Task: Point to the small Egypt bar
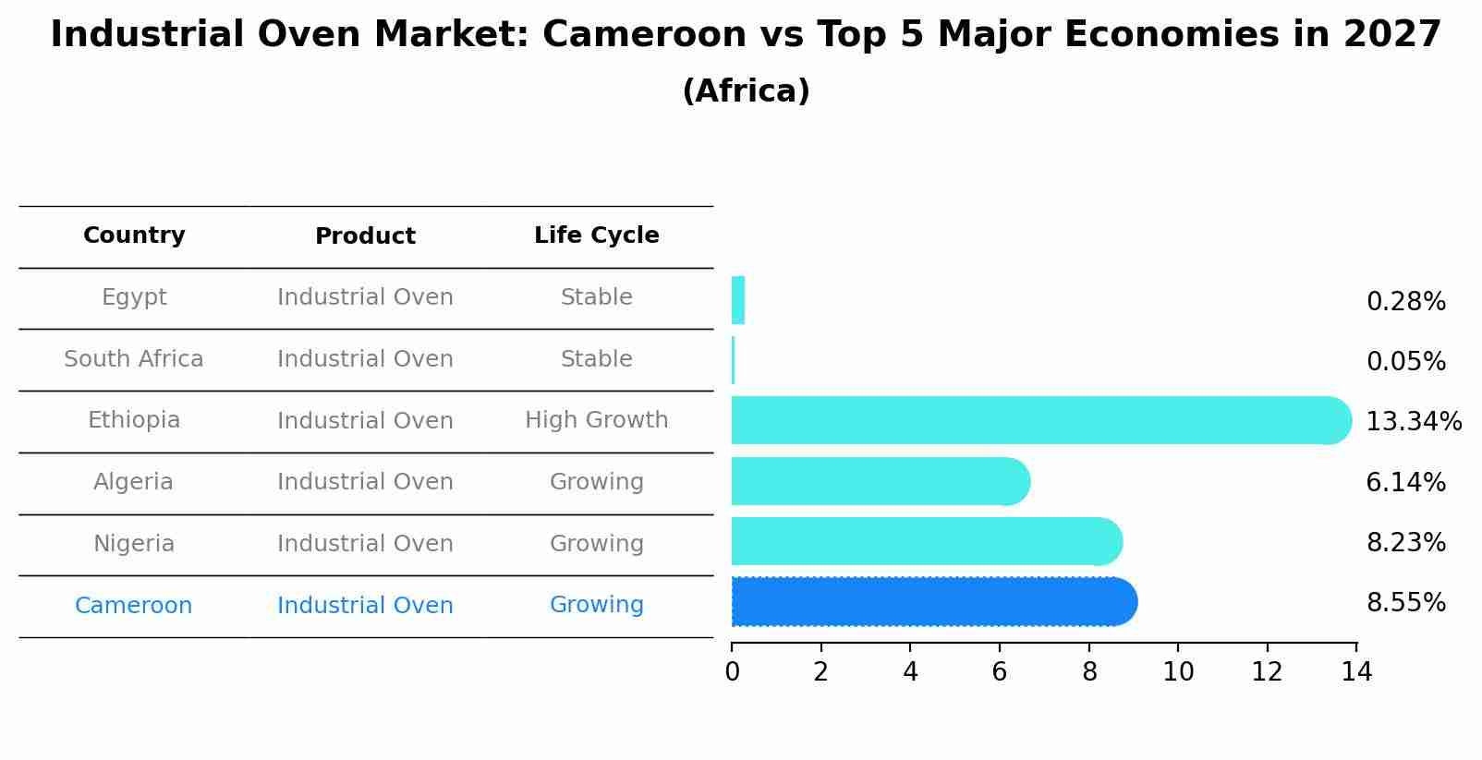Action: pyautogui.click(x=737, y=301)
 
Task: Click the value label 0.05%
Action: pyautogui.click(x=1405, y=362)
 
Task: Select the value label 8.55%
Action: pyautogui.click(x=1405, y=603)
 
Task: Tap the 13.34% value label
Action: pyautogui.click(x=1413, y=422)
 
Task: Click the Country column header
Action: pyautogui.click(x=134, y=236)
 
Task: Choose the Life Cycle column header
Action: pyautogui.click(x=596, y=236)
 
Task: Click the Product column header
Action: pyautogui.click(x=365, y=236)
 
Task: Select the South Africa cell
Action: pyautogui.click(x=134, y=359)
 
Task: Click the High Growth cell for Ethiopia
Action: pyautogui.click(x=596, y=421)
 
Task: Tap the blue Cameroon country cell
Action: pyautogui.click(x=134, y=606)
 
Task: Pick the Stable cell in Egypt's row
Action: pyautogui.click(x=596, y=297)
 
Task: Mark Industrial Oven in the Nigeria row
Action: pyautogui.click(x=365, y=544)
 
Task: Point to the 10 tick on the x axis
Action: pyautogui.click(x=1178, y=672)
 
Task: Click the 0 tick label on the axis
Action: pyautogui.click(x=732, y=672)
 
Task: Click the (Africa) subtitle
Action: pyautogui.click(x=746, y=91)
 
